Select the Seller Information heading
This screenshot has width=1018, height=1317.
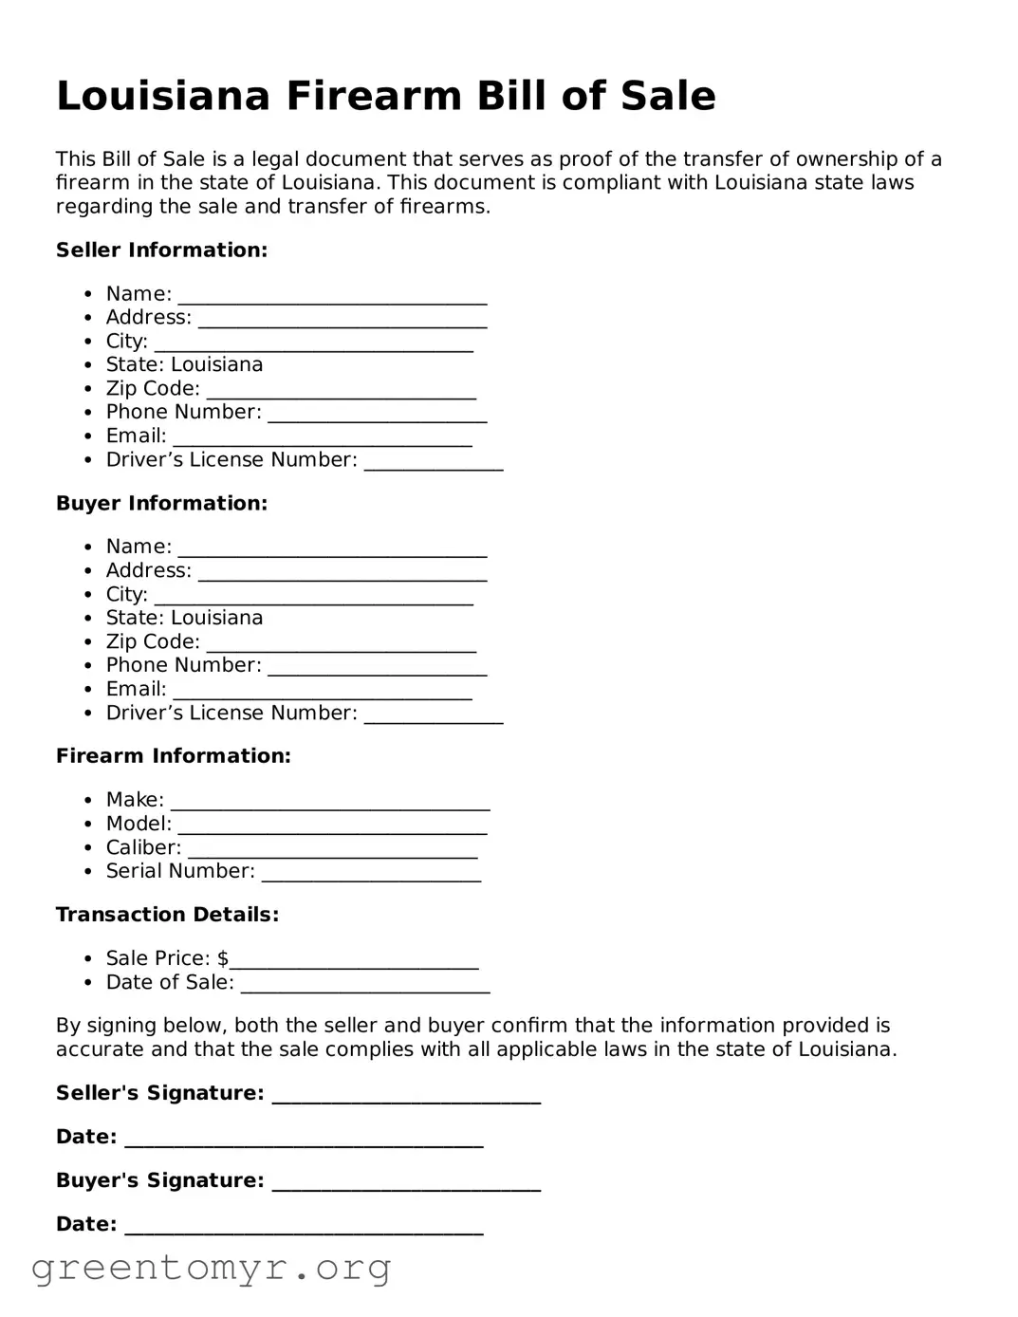(x=161, y=250)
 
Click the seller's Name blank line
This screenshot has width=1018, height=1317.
(x=332, y=296)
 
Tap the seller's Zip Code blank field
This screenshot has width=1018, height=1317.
(x=341, y=391)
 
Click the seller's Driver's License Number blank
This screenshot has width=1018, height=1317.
(x=434, y=462)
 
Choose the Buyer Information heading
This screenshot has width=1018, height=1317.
(x=161, y=504)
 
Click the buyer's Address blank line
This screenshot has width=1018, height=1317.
(x=342, y=573)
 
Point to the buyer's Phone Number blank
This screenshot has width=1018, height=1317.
(x=377, y=668)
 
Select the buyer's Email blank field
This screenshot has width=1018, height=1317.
(x=322, y=692)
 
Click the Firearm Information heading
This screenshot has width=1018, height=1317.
(x=173, y=756)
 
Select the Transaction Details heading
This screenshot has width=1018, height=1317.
(x=167, y=915)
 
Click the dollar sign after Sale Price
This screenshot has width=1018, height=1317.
(x=223, y=958)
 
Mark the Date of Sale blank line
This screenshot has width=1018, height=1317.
(x=365, y=985)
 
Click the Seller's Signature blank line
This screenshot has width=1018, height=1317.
(x=406, y=1096)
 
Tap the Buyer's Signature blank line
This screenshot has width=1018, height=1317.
(x=406, y=1183)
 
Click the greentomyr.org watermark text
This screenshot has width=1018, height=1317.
(x=211, y=1268)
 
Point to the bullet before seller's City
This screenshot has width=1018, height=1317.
(x=88, y=342)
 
